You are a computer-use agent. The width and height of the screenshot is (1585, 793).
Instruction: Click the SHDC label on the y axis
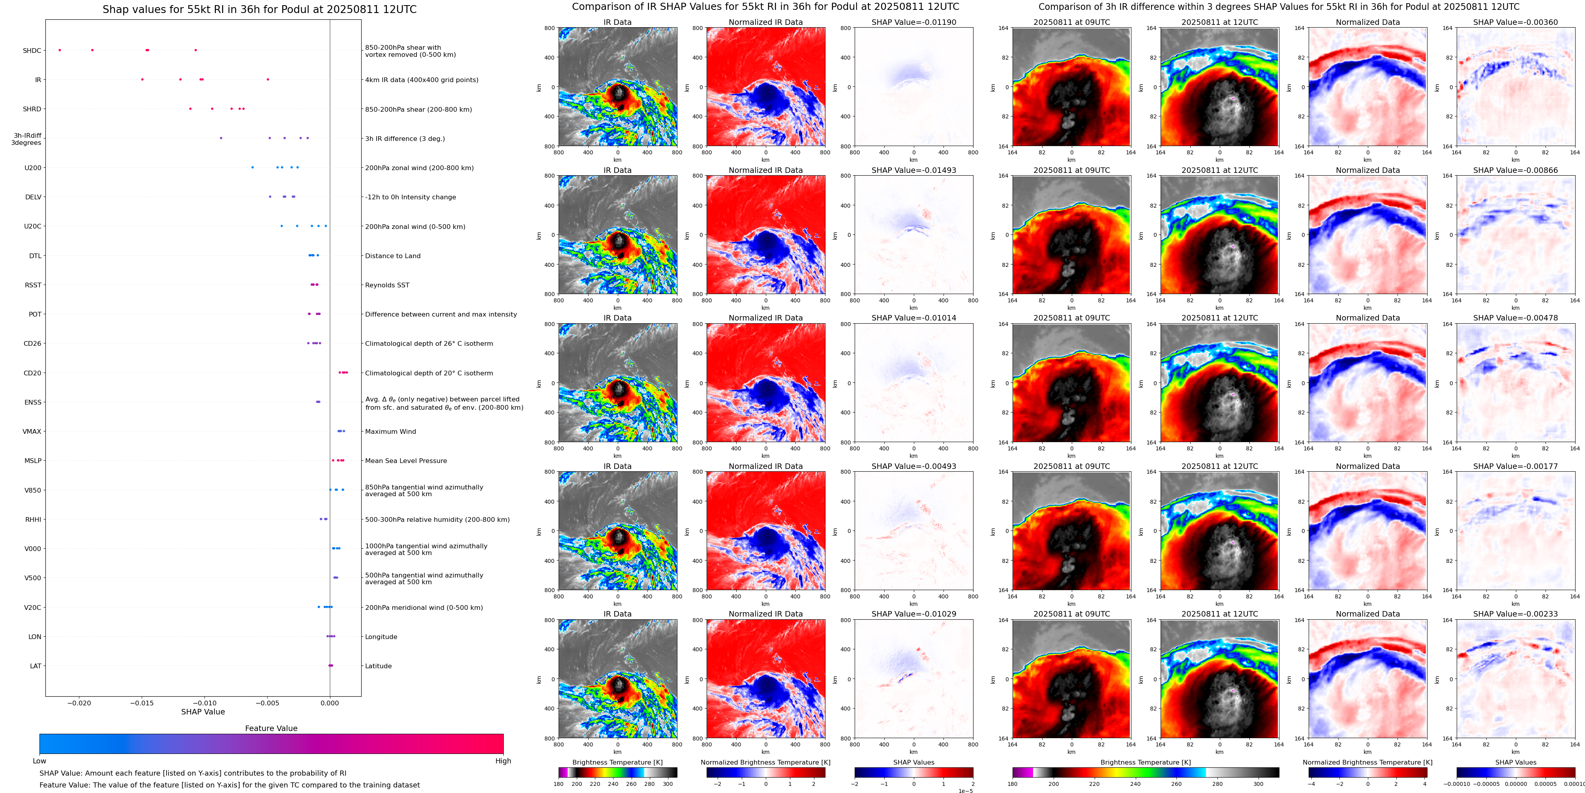point(32,51)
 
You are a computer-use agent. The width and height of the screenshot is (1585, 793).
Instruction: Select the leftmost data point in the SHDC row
point(60,50)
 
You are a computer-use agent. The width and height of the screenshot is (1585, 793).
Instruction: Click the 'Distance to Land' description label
point(392,256)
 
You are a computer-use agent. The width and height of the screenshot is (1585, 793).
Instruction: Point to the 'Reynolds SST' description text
point(387,285)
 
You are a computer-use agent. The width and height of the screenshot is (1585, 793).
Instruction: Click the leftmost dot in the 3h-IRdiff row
point(221,138)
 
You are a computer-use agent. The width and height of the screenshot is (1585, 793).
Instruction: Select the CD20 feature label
point(33,373)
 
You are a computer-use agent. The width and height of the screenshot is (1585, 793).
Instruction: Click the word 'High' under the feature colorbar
point(503,761)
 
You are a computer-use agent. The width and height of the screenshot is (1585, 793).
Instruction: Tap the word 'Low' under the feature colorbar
point(39,761)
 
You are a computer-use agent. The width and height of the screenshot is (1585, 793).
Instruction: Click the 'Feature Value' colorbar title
point(271,728)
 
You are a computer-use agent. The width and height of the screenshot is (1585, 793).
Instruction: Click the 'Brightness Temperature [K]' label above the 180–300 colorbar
point(617,762)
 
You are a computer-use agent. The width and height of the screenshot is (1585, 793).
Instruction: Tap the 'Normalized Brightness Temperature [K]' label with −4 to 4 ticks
point(1367,762)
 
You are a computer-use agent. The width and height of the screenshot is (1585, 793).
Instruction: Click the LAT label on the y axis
point(36,666)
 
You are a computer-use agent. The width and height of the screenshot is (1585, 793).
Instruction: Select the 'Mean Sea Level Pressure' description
point(405,461)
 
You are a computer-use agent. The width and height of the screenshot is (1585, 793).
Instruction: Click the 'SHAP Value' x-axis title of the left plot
point(203,712)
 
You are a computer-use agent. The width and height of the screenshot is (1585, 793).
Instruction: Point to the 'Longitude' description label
point(381,637)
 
